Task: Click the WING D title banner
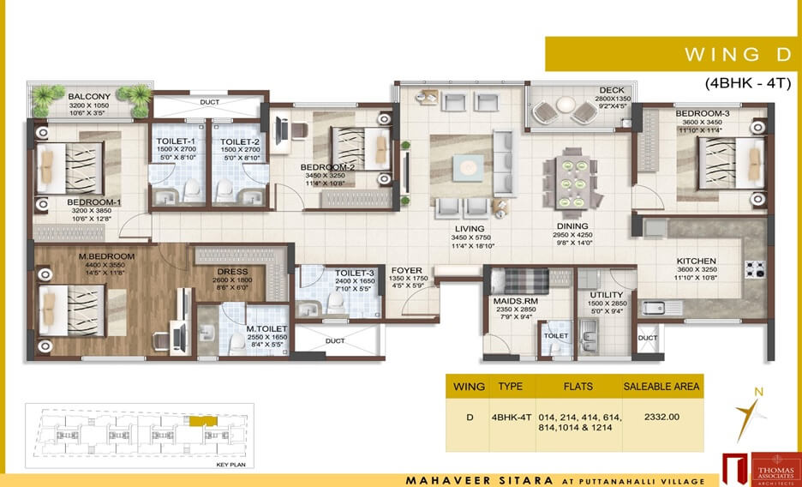[x=673, y=54]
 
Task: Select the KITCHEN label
[x=696, y=261]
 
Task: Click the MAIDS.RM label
[x=514, y=301]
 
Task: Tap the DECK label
[x=612, y=90]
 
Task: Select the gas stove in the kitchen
[x=755, y=268]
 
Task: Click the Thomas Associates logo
[x=758, y=468]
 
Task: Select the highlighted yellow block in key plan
[x=199, y=422]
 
